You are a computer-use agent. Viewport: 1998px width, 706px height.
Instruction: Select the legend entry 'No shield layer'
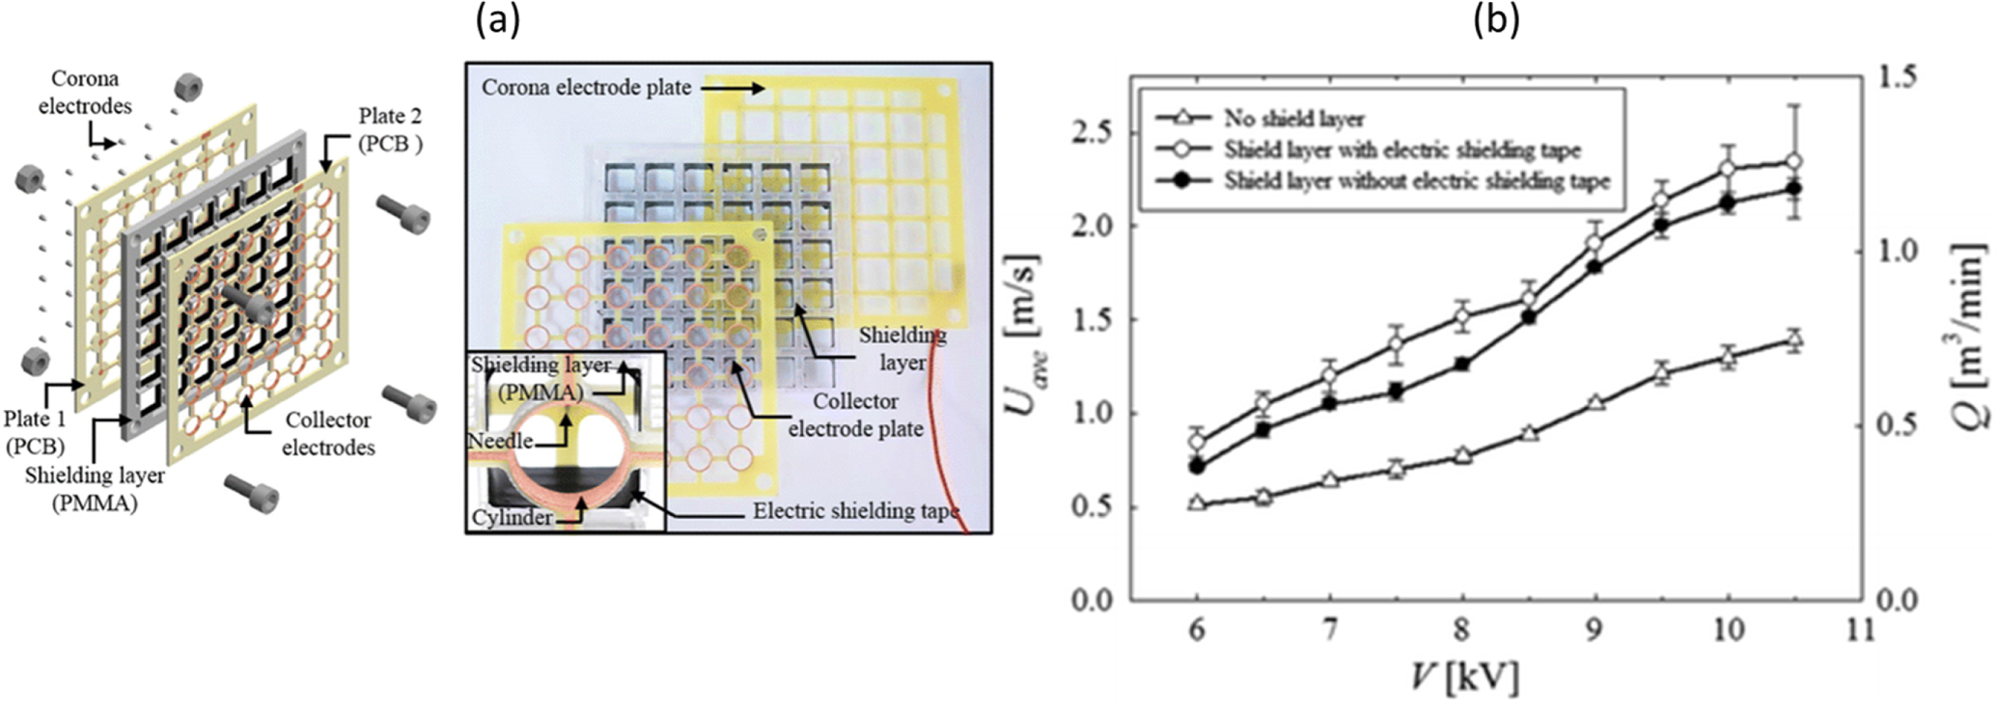(x=1293, y=120)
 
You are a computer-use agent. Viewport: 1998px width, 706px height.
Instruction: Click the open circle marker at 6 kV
(x=1197, y=443)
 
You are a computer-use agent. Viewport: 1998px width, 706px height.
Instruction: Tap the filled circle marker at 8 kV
(x=1462, y=365)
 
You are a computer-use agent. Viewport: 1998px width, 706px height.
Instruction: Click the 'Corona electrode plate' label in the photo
(x=586, y=88)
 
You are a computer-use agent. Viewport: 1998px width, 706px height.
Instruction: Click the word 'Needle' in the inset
(x=499, y=441)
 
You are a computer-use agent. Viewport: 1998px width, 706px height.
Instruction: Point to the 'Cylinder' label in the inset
(x=512, y=517)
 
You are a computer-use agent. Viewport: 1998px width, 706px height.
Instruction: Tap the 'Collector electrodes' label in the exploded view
(x=328, y=434)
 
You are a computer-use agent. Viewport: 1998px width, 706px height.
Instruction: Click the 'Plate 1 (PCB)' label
(x=35, y=432)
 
